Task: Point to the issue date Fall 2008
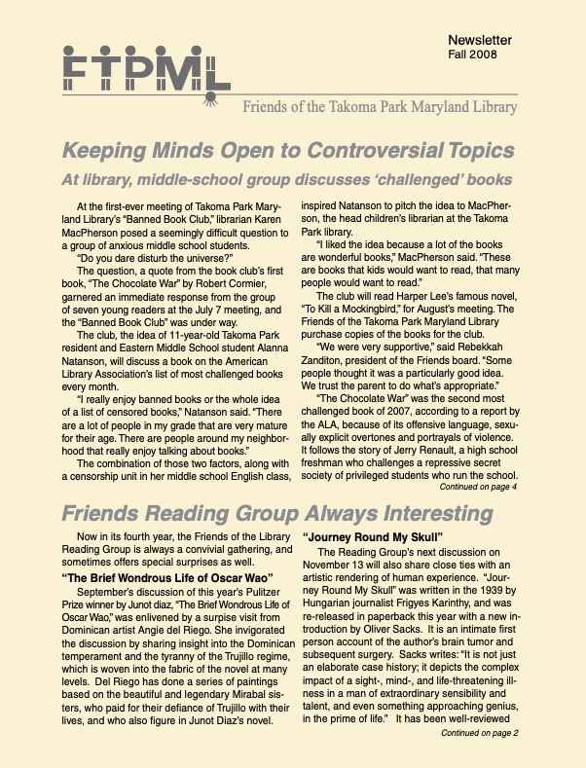tap(470, 55)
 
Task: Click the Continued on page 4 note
tap(478, 486)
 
